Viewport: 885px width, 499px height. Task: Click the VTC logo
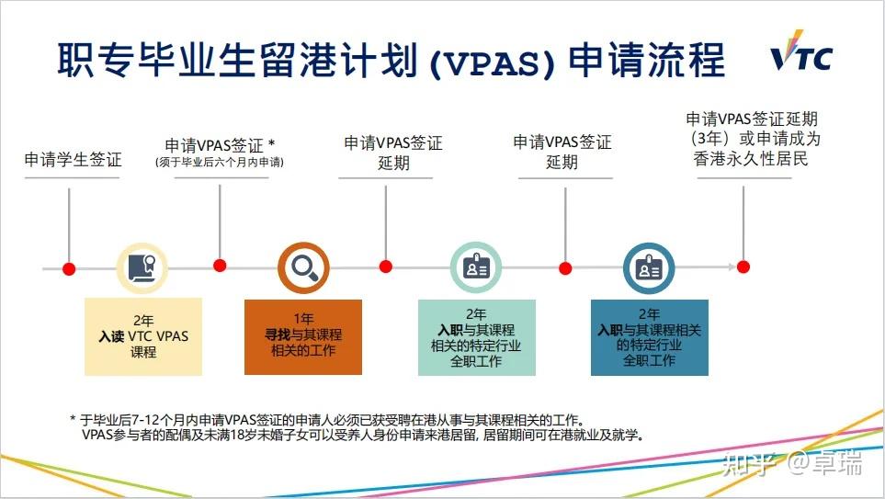pyautogui.click(x=800, y=57)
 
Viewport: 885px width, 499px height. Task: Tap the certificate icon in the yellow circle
pyautogui.click(x=142, y=267)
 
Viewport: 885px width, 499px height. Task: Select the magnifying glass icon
pyautogui.click(x=303, y=267)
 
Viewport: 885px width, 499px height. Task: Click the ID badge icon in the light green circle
pyautogui.click(x=475, y=267)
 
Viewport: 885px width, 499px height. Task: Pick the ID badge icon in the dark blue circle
pyautogui.click(x=649, y=267)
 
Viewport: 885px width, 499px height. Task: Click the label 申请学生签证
pyautogui.click(x=73, y=159)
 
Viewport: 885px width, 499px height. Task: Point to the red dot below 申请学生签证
pyautogui.click(x=69, y=267)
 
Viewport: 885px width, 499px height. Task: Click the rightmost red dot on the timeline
pyautogui.click(x=743, y=267)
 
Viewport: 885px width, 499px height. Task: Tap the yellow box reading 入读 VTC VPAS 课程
pyautogui.click(x=143, y=336)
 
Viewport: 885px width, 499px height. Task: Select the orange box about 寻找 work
pyautogui.click(x=302, y=336)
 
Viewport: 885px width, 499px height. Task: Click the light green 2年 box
pyautogui.click(x=476, y=336)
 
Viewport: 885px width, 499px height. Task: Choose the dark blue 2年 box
pyautogui.click(x=649, y=336)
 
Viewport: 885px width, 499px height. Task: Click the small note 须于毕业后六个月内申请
pyautogui.click(x=219, y=163)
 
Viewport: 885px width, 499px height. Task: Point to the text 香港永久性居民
pyautogui.click(x=751, y=159)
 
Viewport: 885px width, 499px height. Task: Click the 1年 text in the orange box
pyautogui.click(x=302, y=318)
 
